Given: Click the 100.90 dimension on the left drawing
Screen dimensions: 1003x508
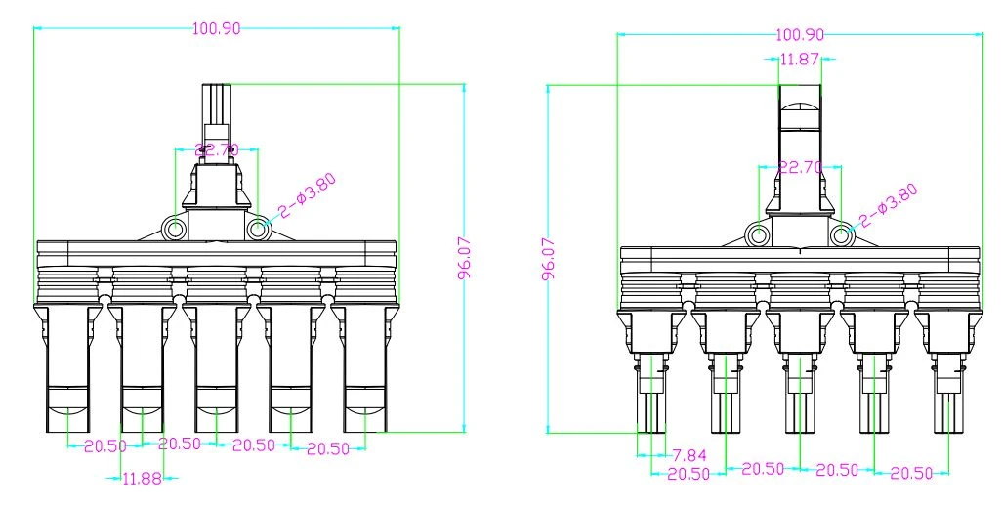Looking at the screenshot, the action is coord(217,28).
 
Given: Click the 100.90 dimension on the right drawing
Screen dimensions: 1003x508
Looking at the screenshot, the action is coord(800,34).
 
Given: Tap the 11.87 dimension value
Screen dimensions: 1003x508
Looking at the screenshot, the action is coord(800,59).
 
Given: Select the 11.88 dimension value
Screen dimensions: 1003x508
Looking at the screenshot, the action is coord(142,478).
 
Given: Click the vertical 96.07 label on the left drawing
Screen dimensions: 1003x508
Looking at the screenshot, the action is coord(465,259).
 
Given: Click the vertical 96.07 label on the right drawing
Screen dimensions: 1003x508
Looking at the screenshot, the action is coord(548,259).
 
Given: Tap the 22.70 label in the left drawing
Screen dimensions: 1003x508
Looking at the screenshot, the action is coord(216,150).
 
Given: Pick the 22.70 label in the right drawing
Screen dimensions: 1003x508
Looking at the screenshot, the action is coord(800,168).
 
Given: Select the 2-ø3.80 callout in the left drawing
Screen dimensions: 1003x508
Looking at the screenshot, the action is coord(307,195).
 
